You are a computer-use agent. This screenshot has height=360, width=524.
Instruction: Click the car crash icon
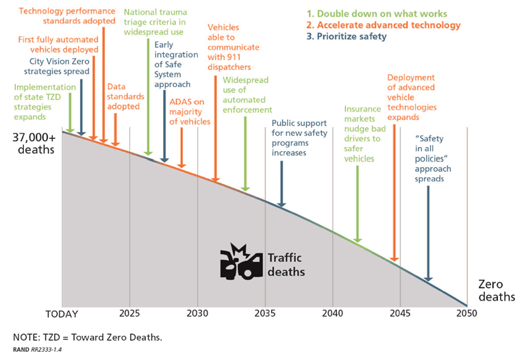click(x=240, y=261)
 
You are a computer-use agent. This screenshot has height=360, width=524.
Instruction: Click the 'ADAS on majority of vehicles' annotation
click(x=190, y=112)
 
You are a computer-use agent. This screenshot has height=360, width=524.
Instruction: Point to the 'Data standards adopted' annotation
click(x=123, y=97)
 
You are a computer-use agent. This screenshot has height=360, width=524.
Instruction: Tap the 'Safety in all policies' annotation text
click(x=430, y=158)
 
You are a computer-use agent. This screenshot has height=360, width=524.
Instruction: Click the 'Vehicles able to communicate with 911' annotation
click(x=229, y=47)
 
